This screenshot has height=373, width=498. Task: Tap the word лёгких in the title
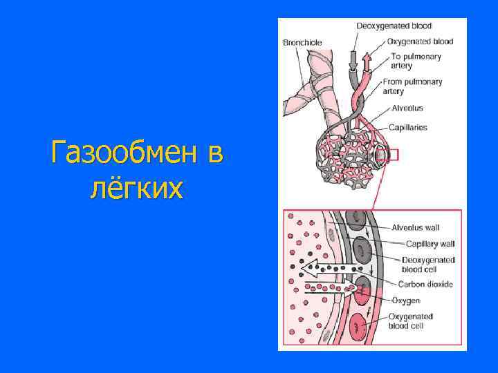[137, 187]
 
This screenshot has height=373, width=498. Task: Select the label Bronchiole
[302, 43]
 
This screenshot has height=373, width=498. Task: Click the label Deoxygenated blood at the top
[394, 26]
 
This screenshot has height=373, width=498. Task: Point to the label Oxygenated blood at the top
[420, 41]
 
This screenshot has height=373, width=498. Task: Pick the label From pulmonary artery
[412, 86]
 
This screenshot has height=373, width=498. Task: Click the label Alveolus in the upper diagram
[407, 108]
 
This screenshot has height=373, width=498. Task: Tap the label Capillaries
[408, 127]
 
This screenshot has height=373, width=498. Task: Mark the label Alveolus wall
[415, 227]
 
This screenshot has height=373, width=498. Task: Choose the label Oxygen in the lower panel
[406, 300]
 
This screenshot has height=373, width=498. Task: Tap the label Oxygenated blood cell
[411, 321]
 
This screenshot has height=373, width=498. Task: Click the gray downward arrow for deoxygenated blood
[353, 60]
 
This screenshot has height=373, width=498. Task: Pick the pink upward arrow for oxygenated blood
[366, 60]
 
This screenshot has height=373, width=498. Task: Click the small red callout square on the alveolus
[392, 155]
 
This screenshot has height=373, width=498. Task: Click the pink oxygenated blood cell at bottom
[358, 326]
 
